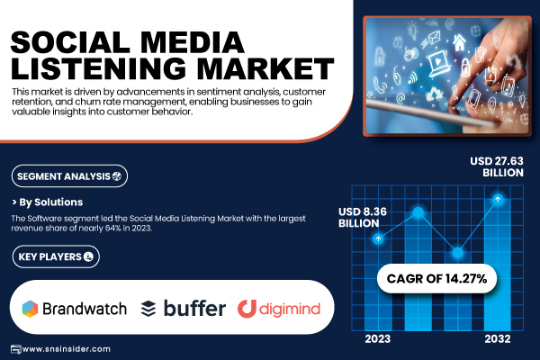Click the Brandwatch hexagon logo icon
pyautogui.click(x=31, y=308)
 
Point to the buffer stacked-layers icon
pyautogui.click(x=148, y=309)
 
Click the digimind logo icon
pyautogui.click(x=247, y=308)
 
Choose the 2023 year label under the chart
pyautogui.click(x=378, y=339)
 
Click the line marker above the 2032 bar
pyautogui.click(x=498, y=199)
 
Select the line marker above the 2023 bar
pyautogui.click(x=379, y=238)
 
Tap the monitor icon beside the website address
pyautogui.click(x=15, y=348)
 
